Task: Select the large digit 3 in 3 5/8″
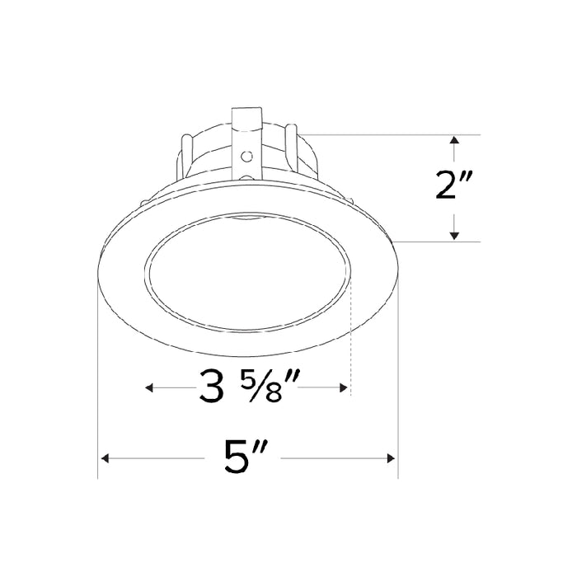pyautogui.click(x=213, y=387)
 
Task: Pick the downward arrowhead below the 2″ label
pyautogui.click(x=454, y=235)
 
